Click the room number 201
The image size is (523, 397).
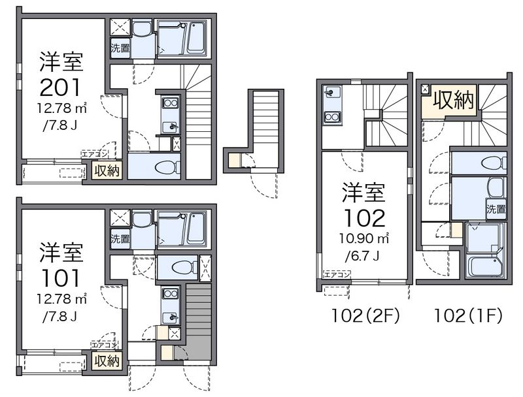point(60,87)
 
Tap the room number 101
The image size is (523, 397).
point(60,278)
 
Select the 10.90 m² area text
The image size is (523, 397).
point(365,238)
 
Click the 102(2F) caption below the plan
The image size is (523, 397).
point(365,316)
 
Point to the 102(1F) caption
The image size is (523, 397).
point(467,316)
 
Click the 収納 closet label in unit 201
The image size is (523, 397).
point(107,171)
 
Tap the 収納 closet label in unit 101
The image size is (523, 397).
point(107,361)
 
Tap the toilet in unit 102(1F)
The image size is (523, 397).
point(494,163)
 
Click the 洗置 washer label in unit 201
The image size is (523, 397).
point(120,48)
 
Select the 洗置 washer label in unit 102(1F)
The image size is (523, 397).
point(496,210)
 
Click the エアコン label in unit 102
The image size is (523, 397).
point(337,275)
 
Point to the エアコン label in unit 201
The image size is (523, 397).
point(95,154)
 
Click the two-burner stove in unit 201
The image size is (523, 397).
point(170,103)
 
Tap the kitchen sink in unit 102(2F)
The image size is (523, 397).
point(332,92)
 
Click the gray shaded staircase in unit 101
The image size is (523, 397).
point(199,321)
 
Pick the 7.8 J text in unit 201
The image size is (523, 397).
point(60,126)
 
